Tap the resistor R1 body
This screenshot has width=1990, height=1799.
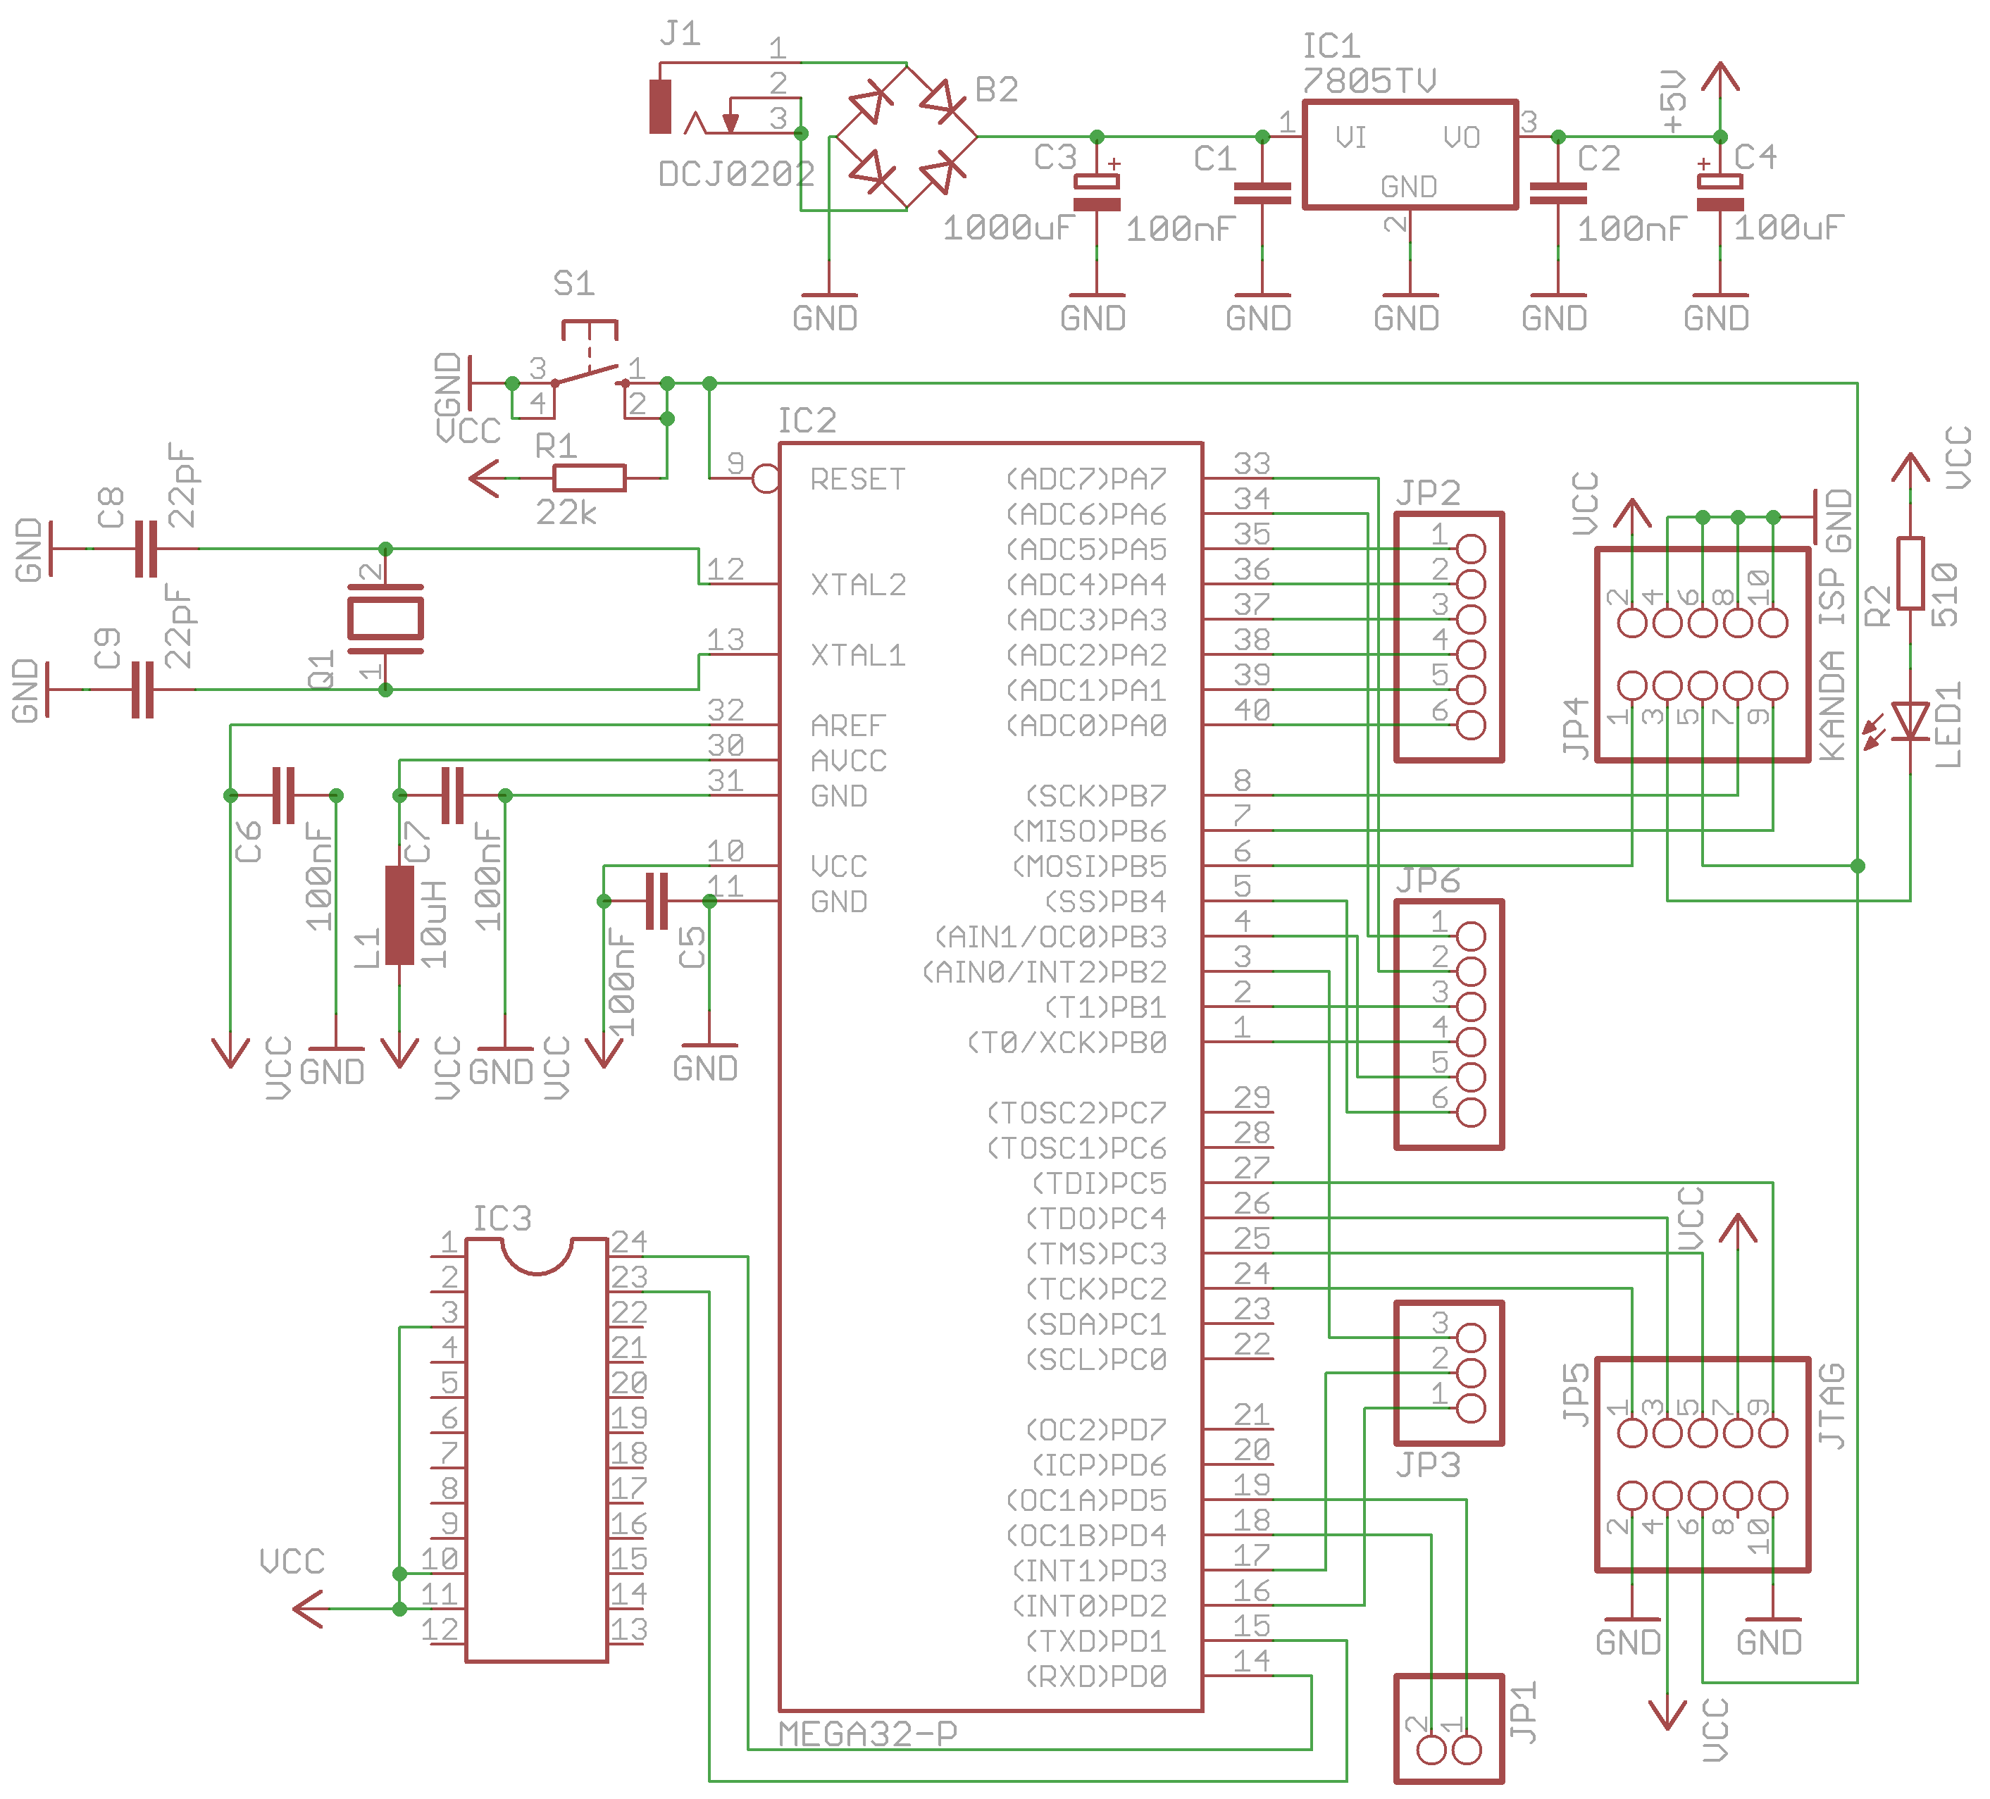point(590,478)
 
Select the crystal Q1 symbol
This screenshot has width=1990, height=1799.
point(386,618)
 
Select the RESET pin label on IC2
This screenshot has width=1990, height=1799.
point(857,480)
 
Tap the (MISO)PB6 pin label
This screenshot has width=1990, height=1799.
point(1089,831)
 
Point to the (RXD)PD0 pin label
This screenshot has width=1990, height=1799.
point(1095,1676)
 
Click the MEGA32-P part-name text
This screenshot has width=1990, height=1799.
point(866,1733)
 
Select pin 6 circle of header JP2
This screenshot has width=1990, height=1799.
point(1471,724)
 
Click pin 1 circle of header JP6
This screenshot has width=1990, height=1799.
point(1471,935)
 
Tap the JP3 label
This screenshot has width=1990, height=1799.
point(1427,1464)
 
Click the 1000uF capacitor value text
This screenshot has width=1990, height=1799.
point(1007,229)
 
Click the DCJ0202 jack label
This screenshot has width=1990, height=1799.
point(736,175)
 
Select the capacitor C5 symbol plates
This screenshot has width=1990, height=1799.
point(657,900)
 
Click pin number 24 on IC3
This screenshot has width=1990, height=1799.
point(629,1240)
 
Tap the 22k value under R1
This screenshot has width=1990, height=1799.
point(566,512)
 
